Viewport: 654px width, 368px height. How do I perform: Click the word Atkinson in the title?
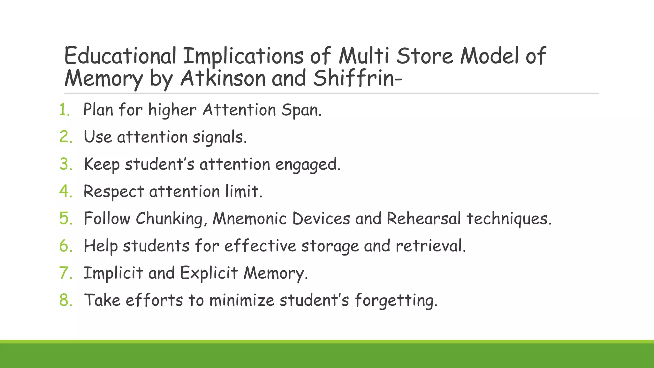(223, 78)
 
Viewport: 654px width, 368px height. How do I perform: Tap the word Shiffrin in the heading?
(354, 78)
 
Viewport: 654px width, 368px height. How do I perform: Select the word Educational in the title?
(120, 56)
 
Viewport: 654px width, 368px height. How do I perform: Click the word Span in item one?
(301, 111)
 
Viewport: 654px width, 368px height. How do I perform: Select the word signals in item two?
(219, 138)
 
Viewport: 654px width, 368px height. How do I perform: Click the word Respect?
(114, 192)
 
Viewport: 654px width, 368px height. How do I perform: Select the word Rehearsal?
(424, 219)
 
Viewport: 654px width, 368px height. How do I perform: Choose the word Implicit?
(113, 273)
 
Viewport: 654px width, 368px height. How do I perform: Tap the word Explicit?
(209, 273)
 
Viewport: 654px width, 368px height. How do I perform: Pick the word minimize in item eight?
(242, 300)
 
